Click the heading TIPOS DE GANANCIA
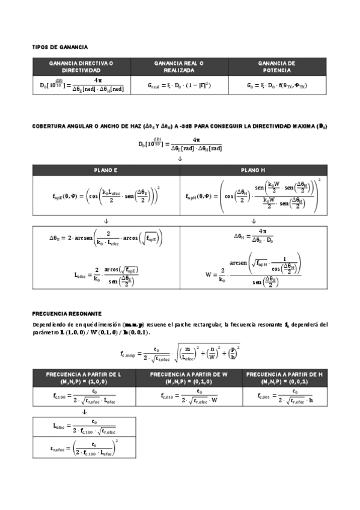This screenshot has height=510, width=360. point(60,46)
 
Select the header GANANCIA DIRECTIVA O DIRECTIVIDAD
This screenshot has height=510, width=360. point(81,66)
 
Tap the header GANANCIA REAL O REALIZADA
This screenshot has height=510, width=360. point(178,66)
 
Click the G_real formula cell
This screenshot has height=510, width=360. point(179,85)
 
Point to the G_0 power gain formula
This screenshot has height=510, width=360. point(276,85)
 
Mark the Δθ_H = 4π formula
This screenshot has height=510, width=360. point(254,236)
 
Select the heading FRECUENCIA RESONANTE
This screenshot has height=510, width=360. point(67,313)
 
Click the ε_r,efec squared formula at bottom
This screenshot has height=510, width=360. point(84,448)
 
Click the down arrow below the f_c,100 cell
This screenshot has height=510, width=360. point(84,412)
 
